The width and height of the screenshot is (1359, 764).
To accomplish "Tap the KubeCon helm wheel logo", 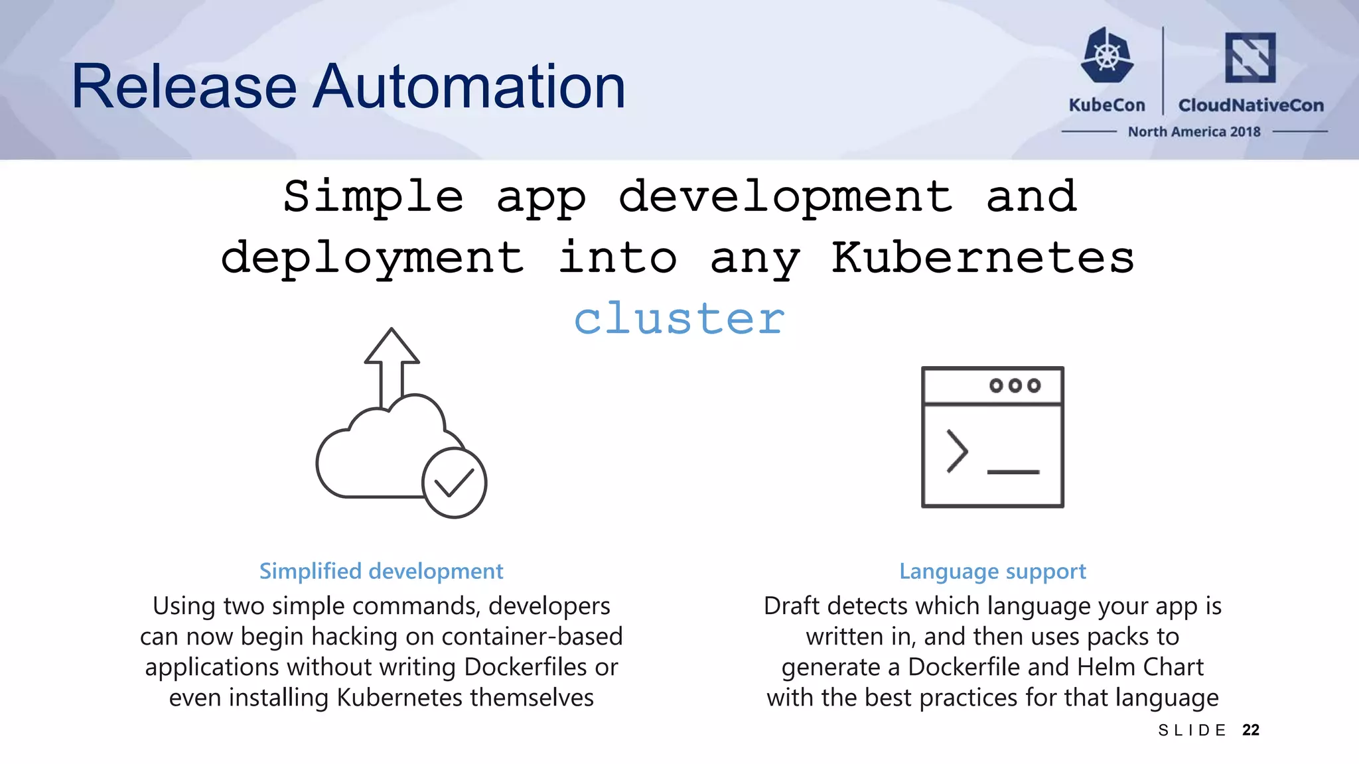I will (x=1107, y=56).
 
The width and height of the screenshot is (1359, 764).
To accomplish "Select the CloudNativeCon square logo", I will (x=1250, y=57).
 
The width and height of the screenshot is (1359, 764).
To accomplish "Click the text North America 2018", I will (x=1194, y=132).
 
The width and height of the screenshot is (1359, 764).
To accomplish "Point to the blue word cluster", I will (x=679, y=318).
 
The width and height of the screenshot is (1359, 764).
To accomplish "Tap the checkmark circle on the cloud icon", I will (x=455, y=483).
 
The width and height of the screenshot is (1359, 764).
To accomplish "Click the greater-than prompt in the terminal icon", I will (x=957, y=451).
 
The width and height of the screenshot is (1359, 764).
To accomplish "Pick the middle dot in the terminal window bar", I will (x=1015, y=385).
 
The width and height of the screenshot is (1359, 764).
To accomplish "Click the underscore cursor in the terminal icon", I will (x=1013, y=472).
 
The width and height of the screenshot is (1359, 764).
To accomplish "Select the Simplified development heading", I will (x=381, y=571).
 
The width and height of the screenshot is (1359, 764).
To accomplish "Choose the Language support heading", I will (x=993, y=571).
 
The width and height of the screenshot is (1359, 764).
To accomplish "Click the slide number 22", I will (x=1251, y=730).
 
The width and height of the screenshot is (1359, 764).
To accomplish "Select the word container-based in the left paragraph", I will (x=532, y=637).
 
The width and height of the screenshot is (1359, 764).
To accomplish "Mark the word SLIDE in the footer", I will (x=1192, y=731).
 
